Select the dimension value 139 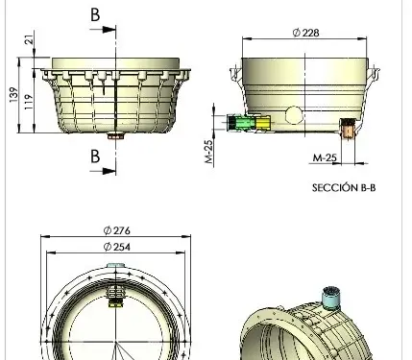13,95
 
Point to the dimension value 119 29,102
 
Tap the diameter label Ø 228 305,33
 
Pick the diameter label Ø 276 116,230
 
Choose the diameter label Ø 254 116,247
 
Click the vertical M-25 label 208,152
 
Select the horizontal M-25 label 325,157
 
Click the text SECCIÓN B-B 344,187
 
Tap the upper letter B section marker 95,14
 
